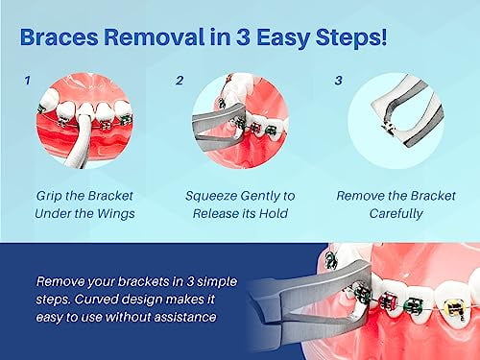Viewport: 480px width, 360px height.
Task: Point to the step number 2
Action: pyautogui.click(x=180, y=81)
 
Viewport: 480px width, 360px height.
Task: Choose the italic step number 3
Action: pyautogui.click(x=338, y=81)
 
